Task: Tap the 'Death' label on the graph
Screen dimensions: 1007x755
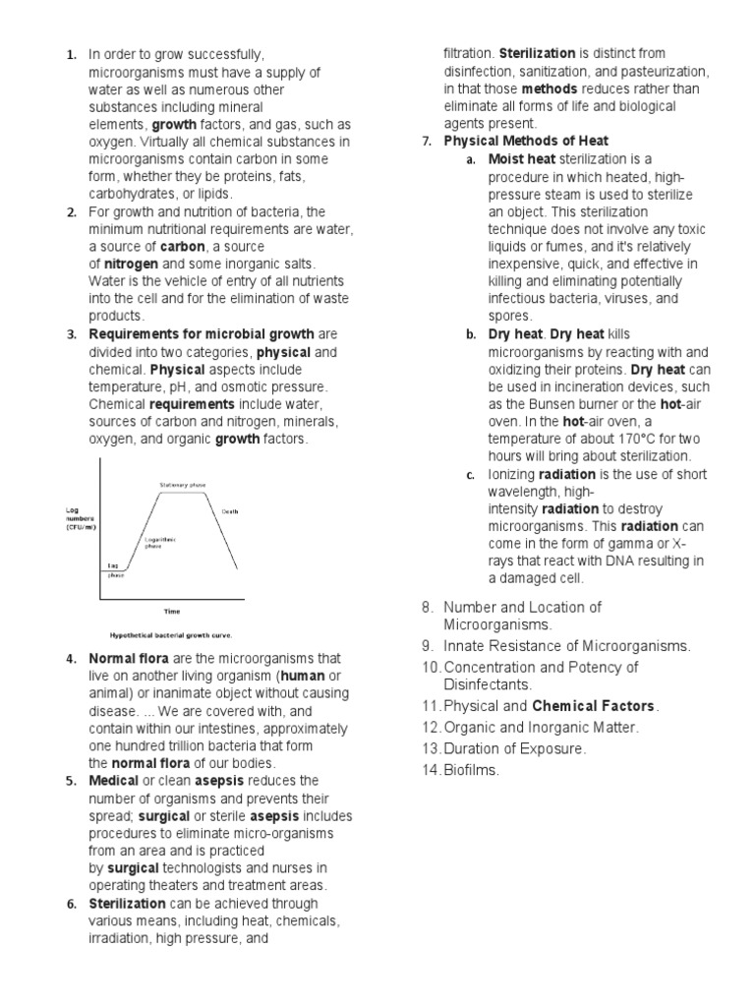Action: (x=229, y=511)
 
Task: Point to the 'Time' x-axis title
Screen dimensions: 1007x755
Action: (x=171, y=611)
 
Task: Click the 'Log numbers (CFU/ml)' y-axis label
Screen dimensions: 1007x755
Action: (x=82, y=518)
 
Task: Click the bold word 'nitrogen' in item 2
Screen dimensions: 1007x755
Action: (x=133, y=265)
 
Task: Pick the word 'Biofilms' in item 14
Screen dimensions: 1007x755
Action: (x=472, y=771)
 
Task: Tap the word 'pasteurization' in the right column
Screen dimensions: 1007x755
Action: (x=661, y=71)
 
